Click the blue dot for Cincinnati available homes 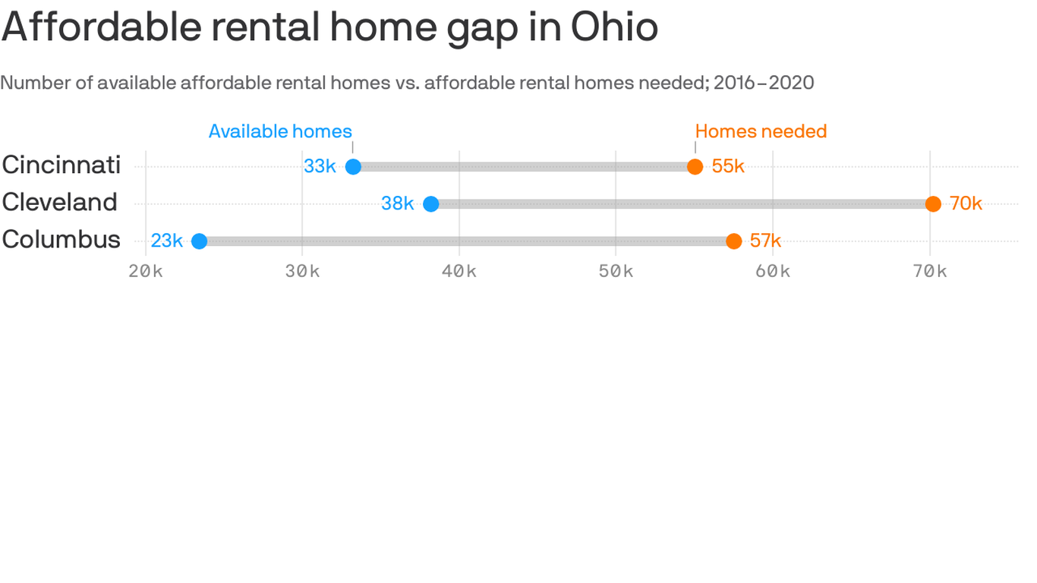pos(353,167)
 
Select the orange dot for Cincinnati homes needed pos(695,167)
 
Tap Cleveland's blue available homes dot pos(430,204)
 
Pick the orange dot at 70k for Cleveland pos(933,204)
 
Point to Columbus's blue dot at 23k pos(199,241)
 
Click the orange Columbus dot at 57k pos(733,241)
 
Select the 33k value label pos(320,166)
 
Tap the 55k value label pos(728,166)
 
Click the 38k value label pos(397,203)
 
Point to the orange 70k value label pos(966,203)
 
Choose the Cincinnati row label pos(61,165)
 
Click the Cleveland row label pos(59,202)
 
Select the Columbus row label pos(61,239)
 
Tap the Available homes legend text pos(280,131)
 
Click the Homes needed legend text pos(761,131)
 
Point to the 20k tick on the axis pos(146,271)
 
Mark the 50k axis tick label pos(616,271)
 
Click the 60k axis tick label pos(773,271)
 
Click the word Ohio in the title pos(614,27)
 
